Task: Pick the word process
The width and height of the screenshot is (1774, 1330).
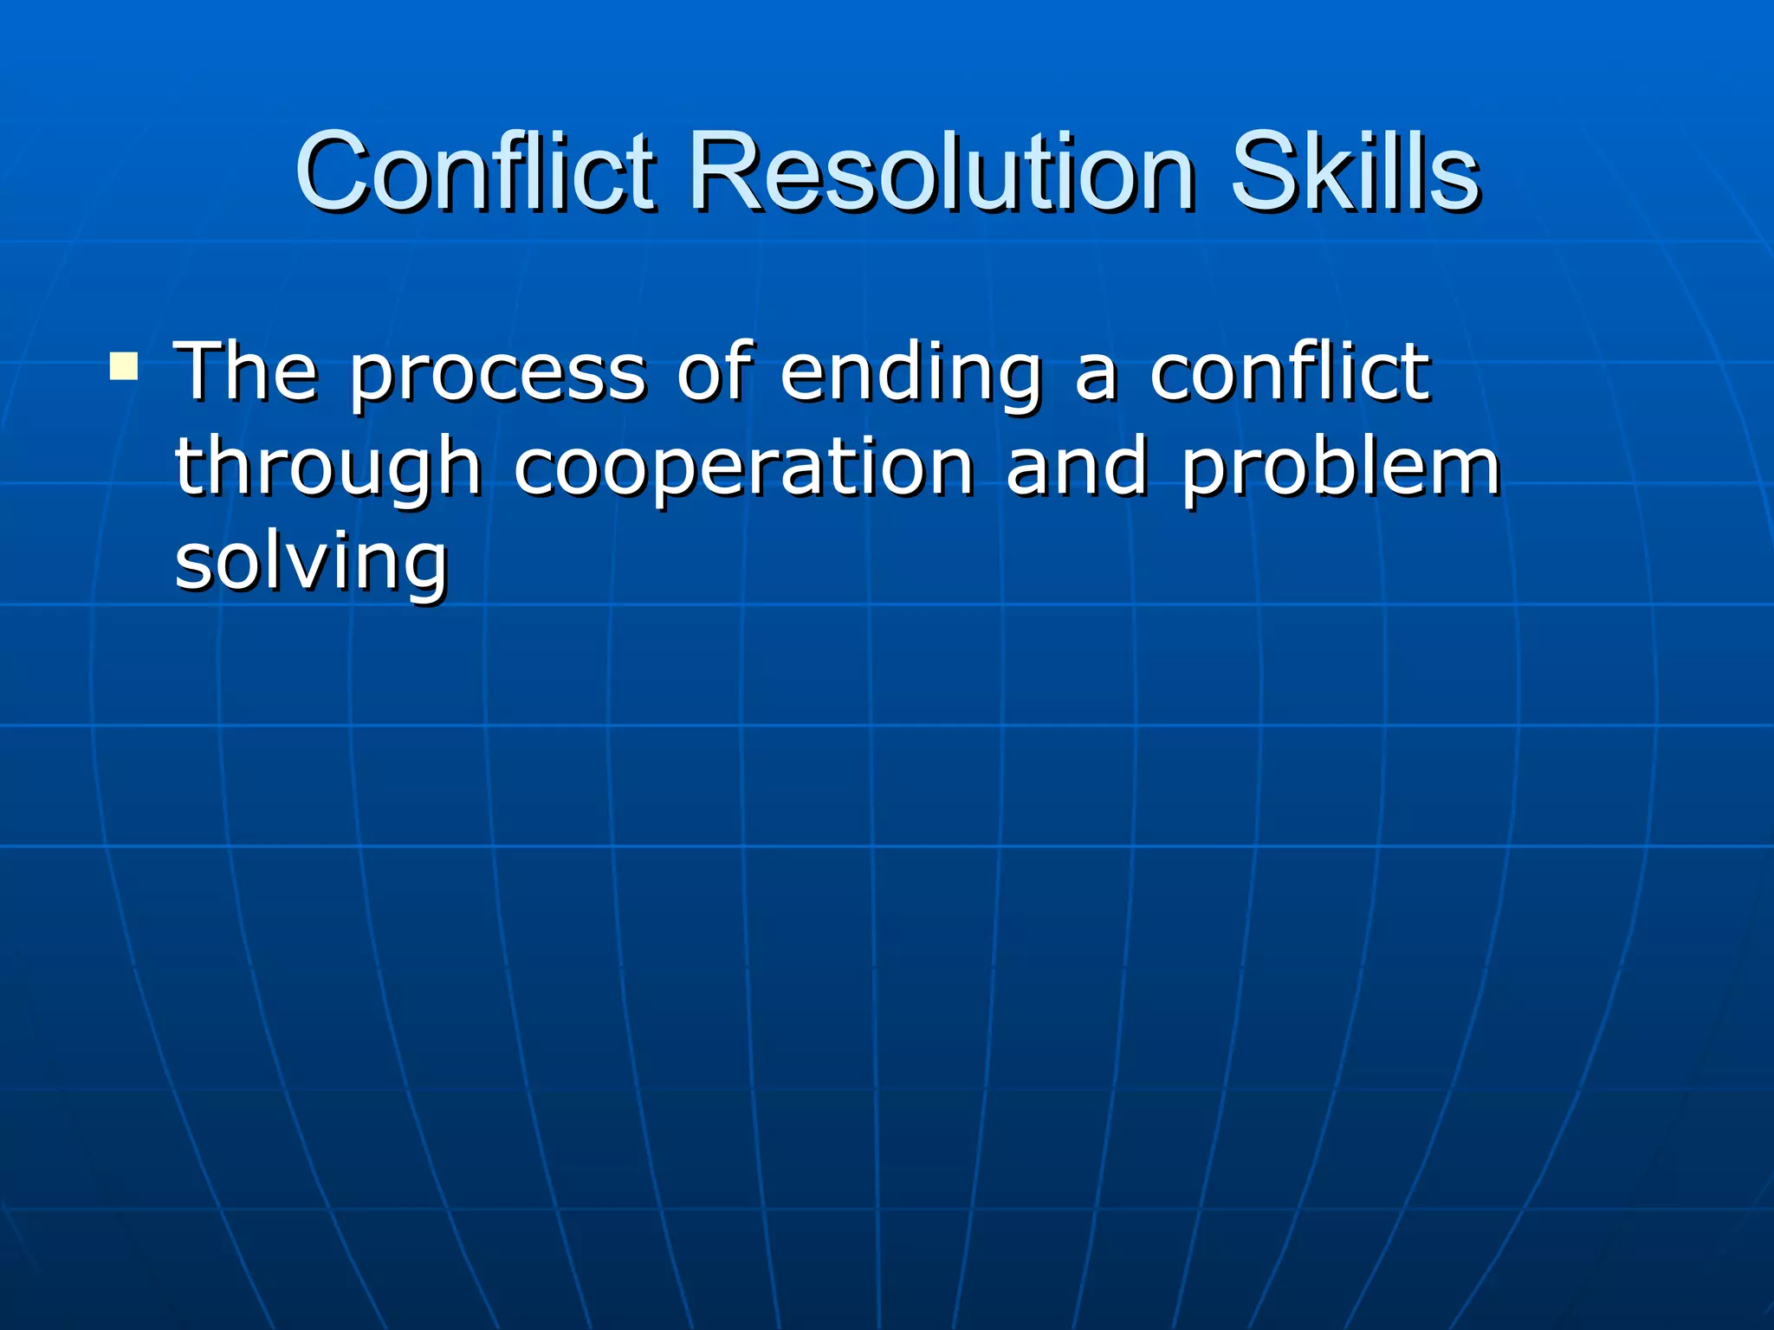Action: click(x=498, y=377)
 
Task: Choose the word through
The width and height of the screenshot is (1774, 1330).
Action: click(x=328, y=469)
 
